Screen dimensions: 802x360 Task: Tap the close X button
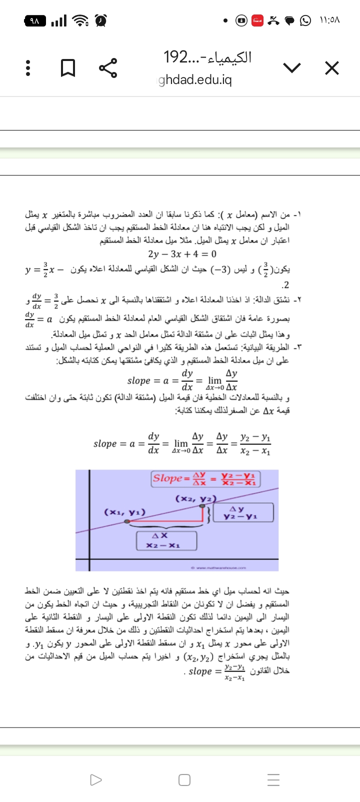pos(331,68)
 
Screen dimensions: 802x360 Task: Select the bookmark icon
pos(68,68)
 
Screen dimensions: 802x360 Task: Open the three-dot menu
pos(28,68)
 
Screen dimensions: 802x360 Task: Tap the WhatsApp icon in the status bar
pos(305,21)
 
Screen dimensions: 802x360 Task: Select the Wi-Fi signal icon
pos(79,21)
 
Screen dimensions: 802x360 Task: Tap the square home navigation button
pos(184,779)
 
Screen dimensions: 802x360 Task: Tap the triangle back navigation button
pos(95,779)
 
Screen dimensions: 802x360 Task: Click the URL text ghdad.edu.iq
pos(195,80)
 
